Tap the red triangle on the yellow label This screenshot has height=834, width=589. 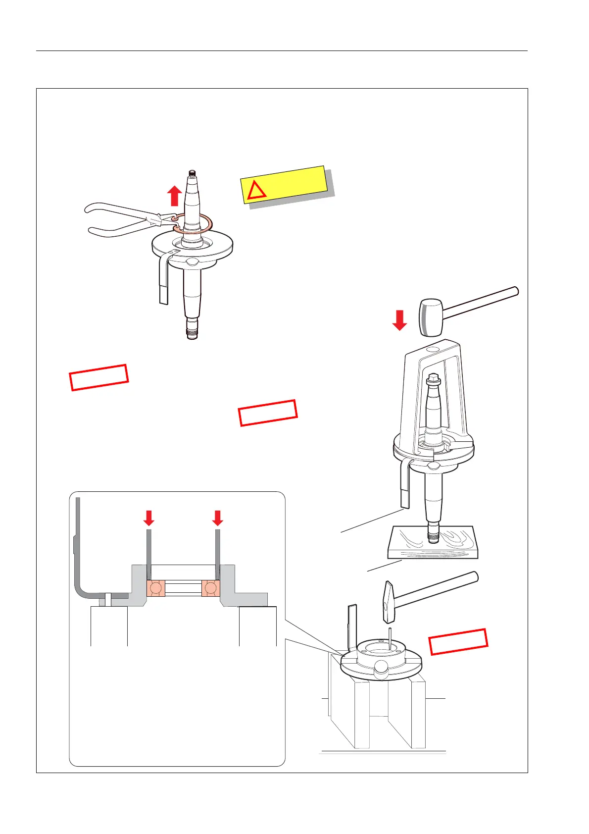pyautogui.click(x=256, y=190)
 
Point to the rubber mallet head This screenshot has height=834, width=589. pyautogui.click(x=431, y=317)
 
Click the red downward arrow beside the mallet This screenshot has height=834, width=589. pyautogui.click(x=399, y=320)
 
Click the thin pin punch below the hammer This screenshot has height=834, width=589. pyautogui.click(x=391, y=638)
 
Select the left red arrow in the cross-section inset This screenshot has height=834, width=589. pyautogui.click(x=148, y=518)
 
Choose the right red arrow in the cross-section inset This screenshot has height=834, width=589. pyautogui.click(x=217, y=518)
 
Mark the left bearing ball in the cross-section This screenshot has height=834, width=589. pyautogui.click(x=156, y=588)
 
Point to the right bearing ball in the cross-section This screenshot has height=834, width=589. pyautogui.click(x=211, y=588)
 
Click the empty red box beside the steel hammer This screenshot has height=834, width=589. pyautogui.click(x=458, y=642)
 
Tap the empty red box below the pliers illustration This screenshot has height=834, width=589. pyautogui.click(x=99, y=377)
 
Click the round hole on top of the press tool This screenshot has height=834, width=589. pyautogui.click(x=432, y=350)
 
